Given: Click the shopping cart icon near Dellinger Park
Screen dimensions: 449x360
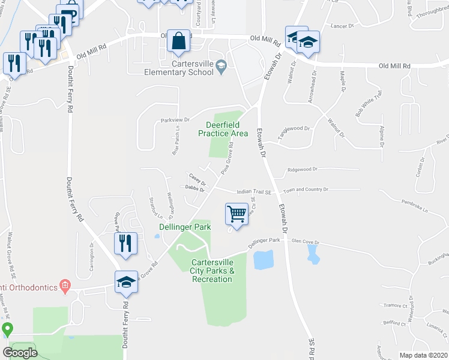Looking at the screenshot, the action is pos(237,214).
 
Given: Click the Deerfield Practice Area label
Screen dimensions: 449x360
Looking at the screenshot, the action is pos(223,129).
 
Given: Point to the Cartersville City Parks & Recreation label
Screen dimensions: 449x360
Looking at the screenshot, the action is pos(212,271).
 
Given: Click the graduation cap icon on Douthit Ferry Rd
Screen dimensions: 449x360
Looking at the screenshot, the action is pos(127,282).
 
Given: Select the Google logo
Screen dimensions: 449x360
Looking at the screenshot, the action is pos(20,353).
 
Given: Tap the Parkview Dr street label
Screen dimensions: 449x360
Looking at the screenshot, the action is pos(175,120).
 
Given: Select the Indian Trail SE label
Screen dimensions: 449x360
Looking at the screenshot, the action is pos(255,192).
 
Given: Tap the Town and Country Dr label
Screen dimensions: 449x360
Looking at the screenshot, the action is pos(306,190).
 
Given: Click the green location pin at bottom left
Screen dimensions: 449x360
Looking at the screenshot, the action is pos(7,329).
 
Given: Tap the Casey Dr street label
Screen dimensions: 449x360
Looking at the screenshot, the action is pos(197,178).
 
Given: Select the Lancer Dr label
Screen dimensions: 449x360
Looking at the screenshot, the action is pos(343,26).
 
